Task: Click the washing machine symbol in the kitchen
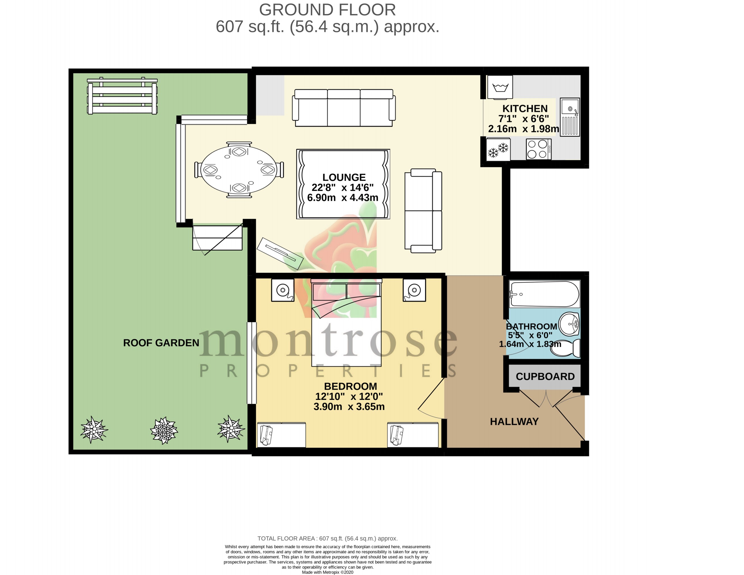click(500, 87)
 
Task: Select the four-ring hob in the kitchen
click(539, 149)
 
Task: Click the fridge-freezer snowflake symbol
click(498, 149)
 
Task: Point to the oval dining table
click(239, 170)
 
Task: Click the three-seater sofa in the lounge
click(344, 108)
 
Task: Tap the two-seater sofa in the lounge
click(423, 211)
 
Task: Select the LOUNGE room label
click(344, 177)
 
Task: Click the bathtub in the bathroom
click(544, 294)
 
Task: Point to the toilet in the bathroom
click(566, 348)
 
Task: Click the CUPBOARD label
click(545, 376)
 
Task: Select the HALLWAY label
click(514, 421)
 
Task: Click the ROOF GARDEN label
click(161, 343)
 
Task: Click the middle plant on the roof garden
click(164, 430)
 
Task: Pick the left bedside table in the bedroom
click(283, 290)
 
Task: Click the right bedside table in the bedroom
click(414, 290)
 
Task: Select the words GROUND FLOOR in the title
click(327, 10)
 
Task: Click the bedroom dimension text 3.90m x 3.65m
click(349, 407)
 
